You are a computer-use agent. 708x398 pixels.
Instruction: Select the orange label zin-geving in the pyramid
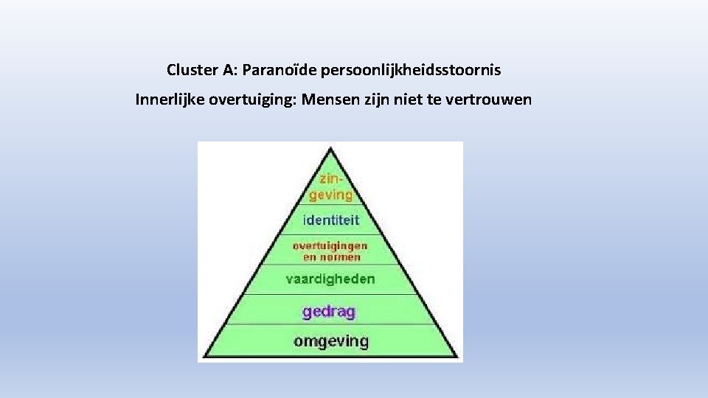click(x=330, y=186)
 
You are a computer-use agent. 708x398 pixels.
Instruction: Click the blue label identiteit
click(x=330, y=220)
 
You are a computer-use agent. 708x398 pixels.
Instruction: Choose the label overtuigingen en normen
click(x=330, y=251)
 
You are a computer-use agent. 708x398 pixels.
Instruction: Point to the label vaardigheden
click(x=330, y=279)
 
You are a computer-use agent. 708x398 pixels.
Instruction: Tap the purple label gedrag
click(x=329, y=311)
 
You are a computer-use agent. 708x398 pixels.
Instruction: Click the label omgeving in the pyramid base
click(x=330, y=341)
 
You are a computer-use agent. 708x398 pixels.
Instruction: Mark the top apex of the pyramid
click(x=331, y=147)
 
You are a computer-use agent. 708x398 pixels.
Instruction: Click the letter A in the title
click(x=229, y=71)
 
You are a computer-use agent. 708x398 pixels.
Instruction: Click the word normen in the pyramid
click(x=341, y=257)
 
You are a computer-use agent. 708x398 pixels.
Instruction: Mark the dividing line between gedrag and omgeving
click(x=330, y=325)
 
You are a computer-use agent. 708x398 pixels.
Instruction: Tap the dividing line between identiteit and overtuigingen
click(x=330, y=234)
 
